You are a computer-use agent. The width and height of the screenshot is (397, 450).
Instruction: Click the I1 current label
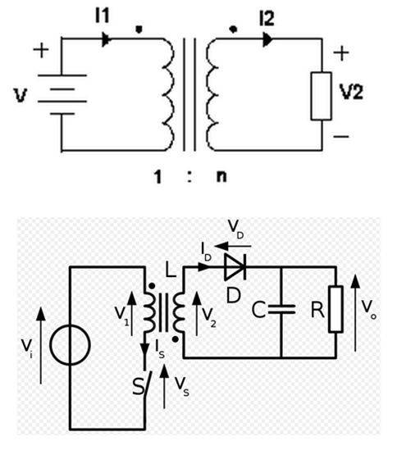click(x=103, y=16)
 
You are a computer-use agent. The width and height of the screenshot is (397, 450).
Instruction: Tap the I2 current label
click(x=267, y=19)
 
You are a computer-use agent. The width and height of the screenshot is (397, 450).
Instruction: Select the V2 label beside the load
click(x=351, y=92)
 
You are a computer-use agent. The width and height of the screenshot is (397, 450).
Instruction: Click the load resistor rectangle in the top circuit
click(x=322, y=96)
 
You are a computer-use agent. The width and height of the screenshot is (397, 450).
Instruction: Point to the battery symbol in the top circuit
click(x=62, y=95)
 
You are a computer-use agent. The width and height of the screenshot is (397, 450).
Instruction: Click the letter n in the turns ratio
click(x=221, y=176)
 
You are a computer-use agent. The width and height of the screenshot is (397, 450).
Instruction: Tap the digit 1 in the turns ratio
click(x=157, y=176)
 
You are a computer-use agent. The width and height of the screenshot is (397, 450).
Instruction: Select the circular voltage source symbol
click(x=70, y=345)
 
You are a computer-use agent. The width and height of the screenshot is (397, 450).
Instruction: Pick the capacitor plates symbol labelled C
click(x=281, y=309)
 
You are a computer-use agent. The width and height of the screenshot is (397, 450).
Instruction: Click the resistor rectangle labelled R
click(x=335, y=309)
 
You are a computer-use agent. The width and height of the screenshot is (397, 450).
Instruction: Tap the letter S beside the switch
click(x=139, y=386)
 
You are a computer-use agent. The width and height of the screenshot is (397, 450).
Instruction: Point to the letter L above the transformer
click(x=171, y=270)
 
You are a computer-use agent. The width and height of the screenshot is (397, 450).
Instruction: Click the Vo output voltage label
click(x=368, y=309)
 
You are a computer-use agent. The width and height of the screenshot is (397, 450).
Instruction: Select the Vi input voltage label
click(x=27, y=348)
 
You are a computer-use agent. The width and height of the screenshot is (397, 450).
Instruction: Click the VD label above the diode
click(x=236, y=230)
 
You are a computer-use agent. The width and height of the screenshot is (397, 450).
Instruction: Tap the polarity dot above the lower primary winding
click(x=152, y=286)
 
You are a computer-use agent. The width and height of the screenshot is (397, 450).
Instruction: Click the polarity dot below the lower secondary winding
click(x=176, y=340)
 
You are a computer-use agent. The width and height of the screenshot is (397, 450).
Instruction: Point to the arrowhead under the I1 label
click(x=107, y=39)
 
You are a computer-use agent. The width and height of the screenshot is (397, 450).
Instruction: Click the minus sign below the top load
click(x=341, y=136)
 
